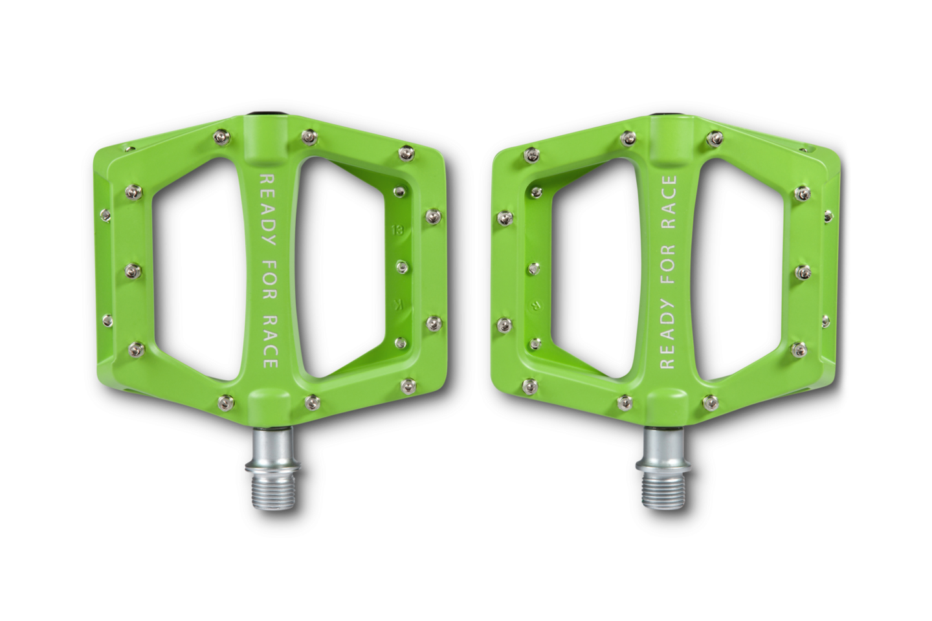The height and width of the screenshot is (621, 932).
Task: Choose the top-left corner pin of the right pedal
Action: click(531, 153)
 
